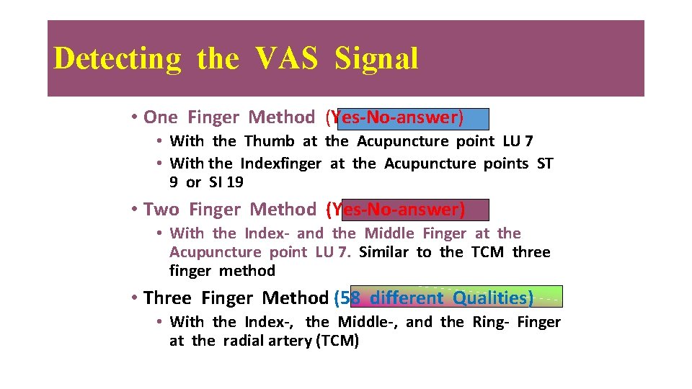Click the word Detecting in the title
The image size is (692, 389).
coord(117,58)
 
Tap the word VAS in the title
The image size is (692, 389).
coord(285,58)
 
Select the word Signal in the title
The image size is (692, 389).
coord(376,58)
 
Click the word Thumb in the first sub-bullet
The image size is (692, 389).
coord(269,141)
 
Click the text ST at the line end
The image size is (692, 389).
coord(545,164)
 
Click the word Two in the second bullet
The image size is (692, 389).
coord(161,210)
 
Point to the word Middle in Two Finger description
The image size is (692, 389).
coord(389,233)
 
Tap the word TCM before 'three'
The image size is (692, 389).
coord(488,252)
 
